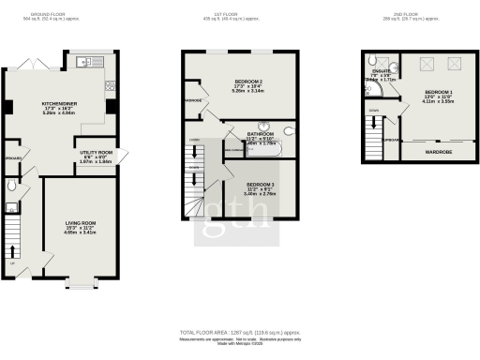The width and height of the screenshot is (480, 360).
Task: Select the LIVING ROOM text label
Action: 80,222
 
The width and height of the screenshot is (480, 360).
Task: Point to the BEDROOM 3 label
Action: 261,184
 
